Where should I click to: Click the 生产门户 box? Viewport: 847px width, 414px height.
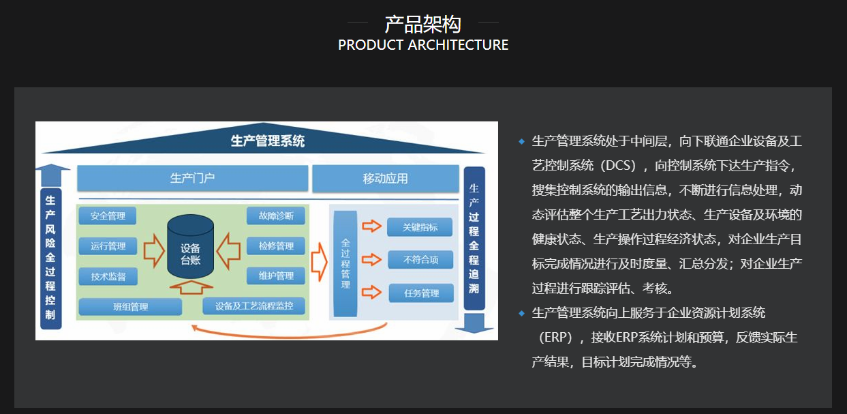[x=192, y=178]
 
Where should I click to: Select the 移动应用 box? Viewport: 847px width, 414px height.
[x=385, y=178]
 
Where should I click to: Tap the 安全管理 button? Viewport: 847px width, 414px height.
[x=108, y=216]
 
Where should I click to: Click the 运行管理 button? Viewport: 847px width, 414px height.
[x=108, y=246]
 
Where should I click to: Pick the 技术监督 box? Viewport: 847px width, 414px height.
[x=108, y=276]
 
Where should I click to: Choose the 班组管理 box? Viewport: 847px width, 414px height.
[x=130, y=306]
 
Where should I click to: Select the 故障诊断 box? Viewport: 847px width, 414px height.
[x=275, y=216]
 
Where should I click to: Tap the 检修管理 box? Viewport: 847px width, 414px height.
[x=275, y=246]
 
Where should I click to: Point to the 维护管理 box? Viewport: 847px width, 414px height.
[x=275, y=276]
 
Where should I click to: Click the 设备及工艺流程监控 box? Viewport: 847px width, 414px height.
[x=253, y=306]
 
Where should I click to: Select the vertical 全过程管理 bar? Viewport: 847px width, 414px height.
[x=345, y=263]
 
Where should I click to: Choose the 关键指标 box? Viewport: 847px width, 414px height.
[x=420, y=227]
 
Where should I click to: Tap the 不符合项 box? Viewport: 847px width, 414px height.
[x=420, y=260]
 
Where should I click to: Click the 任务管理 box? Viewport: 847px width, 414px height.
[x=421, y=293]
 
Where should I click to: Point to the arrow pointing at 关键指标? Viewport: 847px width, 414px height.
[x=371, y=226]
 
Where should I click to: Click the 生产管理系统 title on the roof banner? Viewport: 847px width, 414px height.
[x=267, y=141]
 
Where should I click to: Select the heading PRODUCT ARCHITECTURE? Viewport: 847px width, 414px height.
[x=423, y=45]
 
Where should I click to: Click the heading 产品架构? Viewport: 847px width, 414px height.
[x=423, y=24]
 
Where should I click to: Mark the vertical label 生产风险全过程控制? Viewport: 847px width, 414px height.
[x=50, y=257]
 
